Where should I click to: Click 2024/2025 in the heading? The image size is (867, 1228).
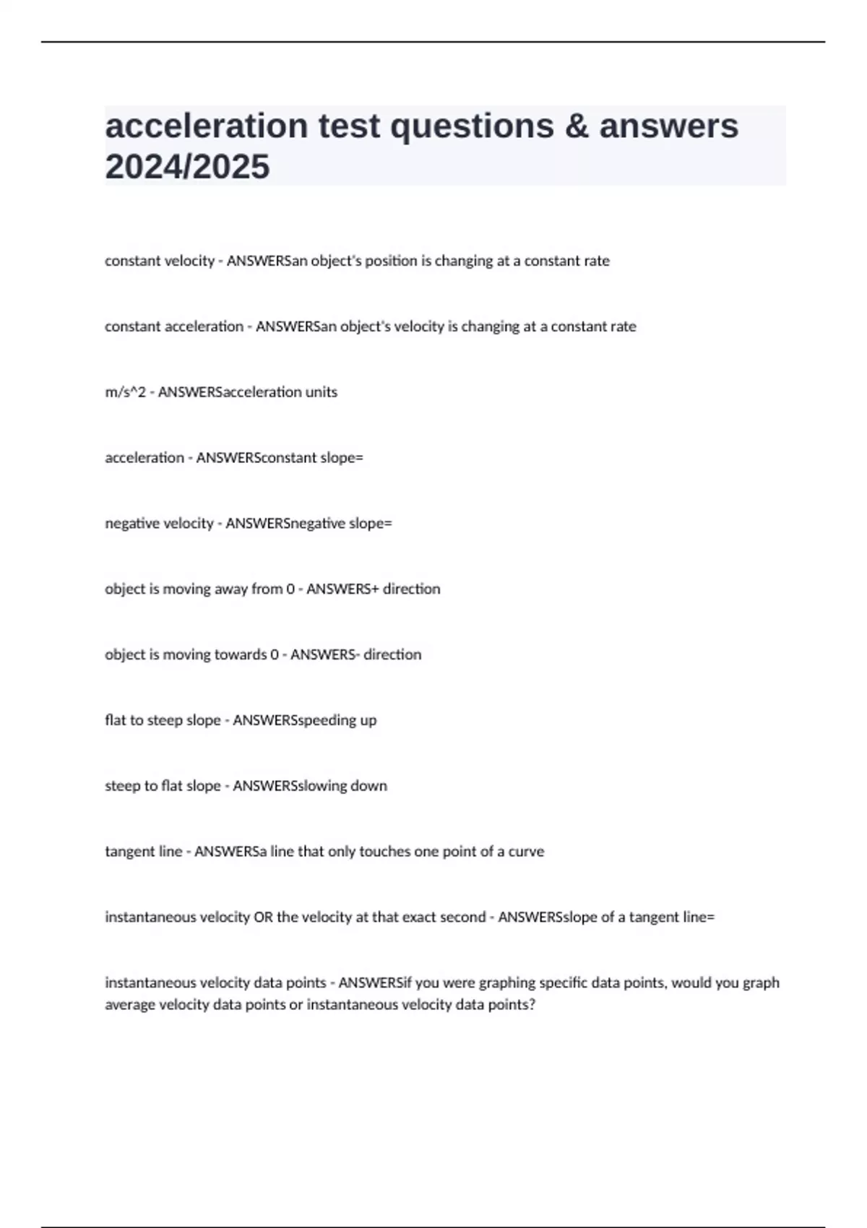[187, 167]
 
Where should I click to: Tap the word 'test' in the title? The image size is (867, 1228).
[349, 126]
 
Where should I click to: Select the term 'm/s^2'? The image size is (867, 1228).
[125, 392]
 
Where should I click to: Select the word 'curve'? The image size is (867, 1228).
[526, 852]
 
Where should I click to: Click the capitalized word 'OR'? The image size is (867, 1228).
[263, 917]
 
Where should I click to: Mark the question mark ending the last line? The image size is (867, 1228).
[532, 1005]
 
